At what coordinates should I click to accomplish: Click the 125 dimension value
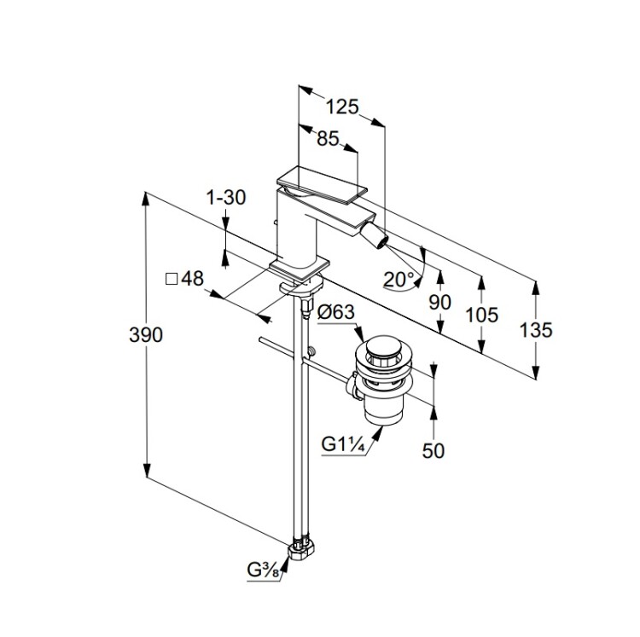[x=343, y=107]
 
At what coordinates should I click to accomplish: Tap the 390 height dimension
[x=147, y=334]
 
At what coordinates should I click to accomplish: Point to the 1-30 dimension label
[x=226, y=197]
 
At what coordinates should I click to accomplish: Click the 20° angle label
[x=399, y=278]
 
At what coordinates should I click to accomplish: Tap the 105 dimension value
[x=482, y=315]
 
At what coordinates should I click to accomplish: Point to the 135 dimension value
[x=536, y=329]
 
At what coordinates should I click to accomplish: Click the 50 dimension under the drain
[x=433, y=449]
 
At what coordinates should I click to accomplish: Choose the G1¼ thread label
[x=344, y=444]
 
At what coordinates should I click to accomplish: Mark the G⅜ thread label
[x=265, y=570]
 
